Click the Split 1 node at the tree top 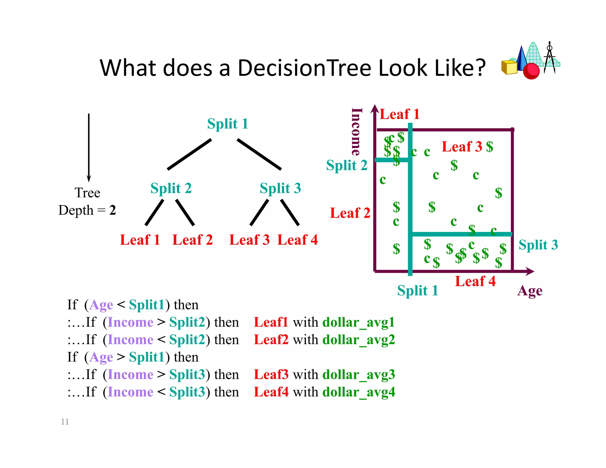click(x=227, y=124)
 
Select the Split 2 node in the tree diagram click(x=171, y=188)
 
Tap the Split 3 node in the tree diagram click(x=280, y=188)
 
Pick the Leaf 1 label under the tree click(x=140, y=240)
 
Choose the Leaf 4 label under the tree click(x=297, y=240)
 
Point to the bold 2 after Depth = click(x=112, y=210)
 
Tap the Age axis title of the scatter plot click(x=530, y=291)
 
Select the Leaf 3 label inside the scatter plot click(x=462, y=146)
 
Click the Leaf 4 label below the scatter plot click(x=475, y=281)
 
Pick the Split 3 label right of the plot click(x=538, y=245)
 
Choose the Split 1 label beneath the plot click(x=417, y=291)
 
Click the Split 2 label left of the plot click(x=346, y=165)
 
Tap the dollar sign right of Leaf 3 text click(x=489, y=146)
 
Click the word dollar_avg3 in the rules click(x=358, y=375)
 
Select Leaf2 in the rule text click(x=271, y=340)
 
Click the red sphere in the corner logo click(x=531, y=71)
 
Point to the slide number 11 click(x=65, y=422)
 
